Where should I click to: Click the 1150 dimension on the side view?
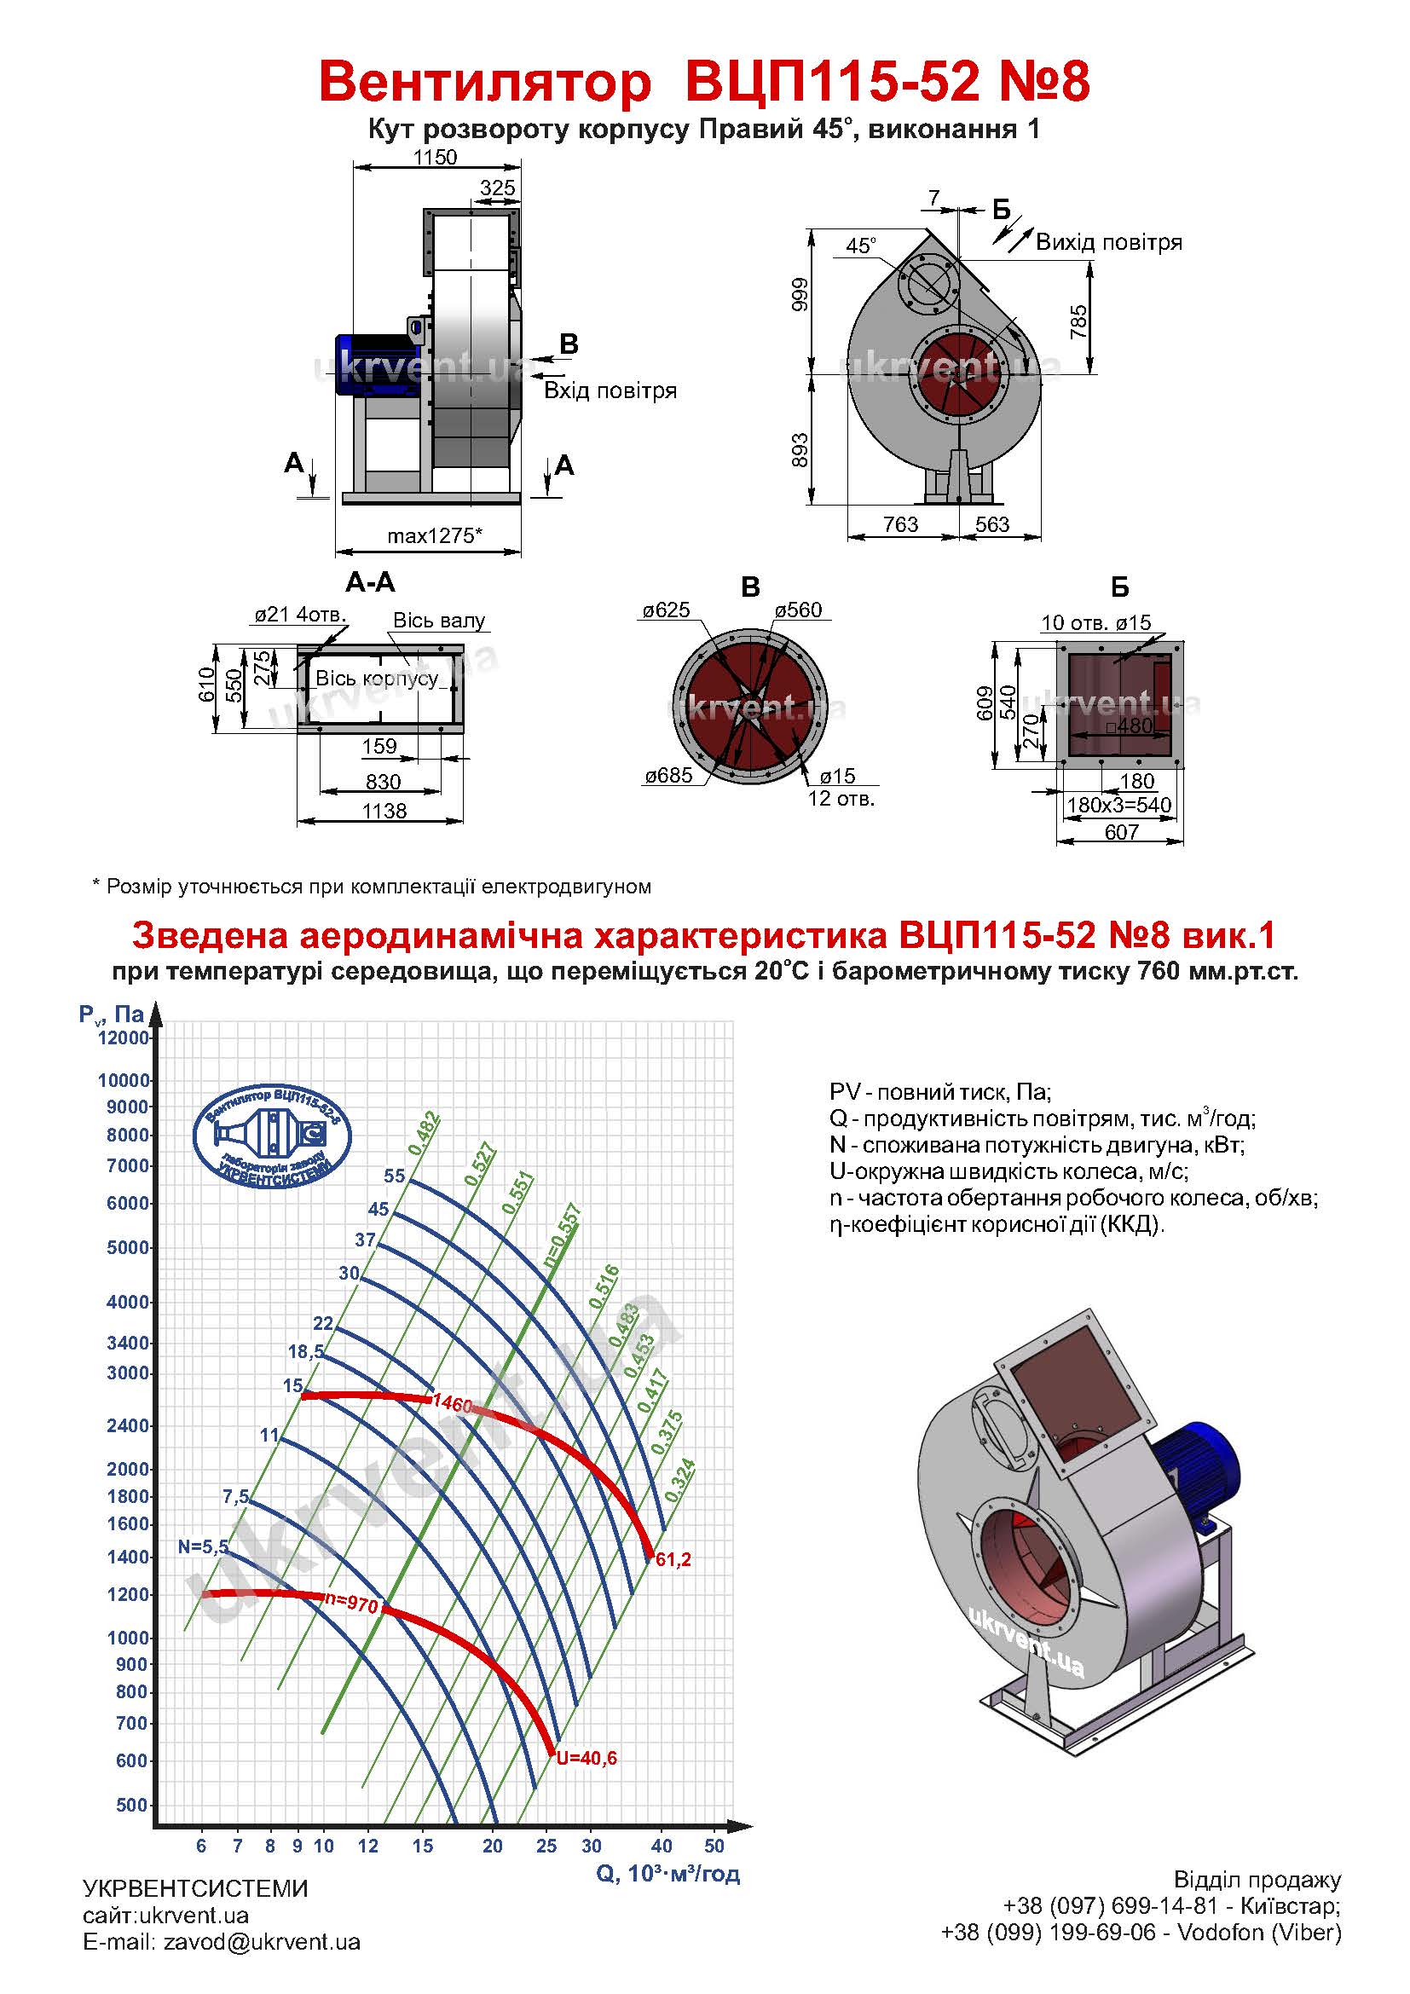(435, 157)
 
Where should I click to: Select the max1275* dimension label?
(434, 536)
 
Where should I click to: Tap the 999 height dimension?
(800, 294)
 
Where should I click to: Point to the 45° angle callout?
(860, 246)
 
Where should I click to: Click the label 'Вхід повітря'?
(610, 390)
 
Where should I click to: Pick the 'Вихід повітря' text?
(1109, 242)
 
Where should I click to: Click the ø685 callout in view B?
(668, 776)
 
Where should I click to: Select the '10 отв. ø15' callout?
(1095, 621)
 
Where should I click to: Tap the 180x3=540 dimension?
(1118, 805)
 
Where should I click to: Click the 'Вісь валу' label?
(438, 620)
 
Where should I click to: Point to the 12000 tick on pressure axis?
(124, 1037)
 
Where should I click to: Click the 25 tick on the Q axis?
(546, 1846)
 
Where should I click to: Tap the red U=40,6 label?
(587, 1758)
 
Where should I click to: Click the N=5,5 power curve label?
(203, 1546)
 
